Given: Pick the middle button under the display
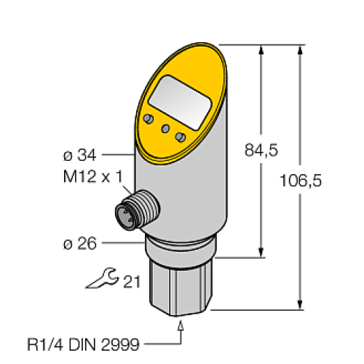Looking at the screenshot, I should coord(165,129).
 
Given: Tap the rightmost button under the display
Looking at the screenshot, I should coord(181,137).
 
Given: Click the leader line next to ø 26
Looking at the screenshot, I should coord(120,243).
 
